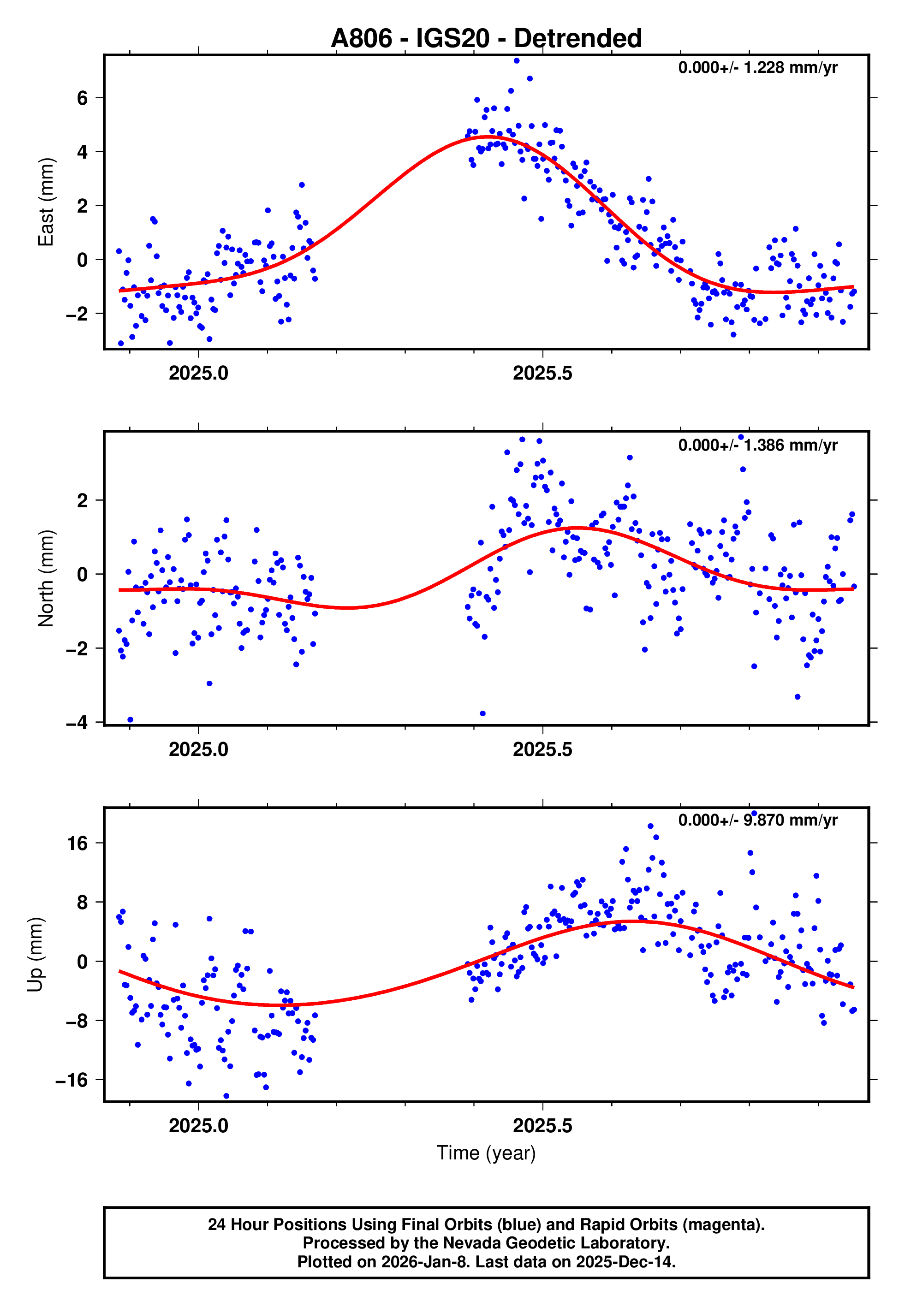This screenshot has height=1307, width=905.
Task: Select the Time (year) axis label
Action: point(486,1153)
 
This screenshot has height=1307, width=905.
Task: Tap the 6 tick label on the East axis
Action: point(83,98)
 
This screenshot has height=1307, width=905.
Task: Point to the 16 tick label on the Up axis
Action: point(77,844)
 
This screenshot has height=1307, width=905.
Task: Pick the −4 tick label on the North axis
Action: point(77,723)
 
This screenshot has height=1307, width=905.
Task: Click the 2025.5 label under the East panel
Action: point(542,374)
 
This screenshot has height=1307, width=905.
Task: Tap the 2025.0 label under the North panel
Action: point(198,749)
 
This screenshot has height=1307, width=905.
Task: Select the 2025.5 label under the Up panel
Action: point(542,1126)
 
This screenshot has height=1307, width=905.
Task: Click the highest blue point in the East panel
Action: point(517,60)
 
